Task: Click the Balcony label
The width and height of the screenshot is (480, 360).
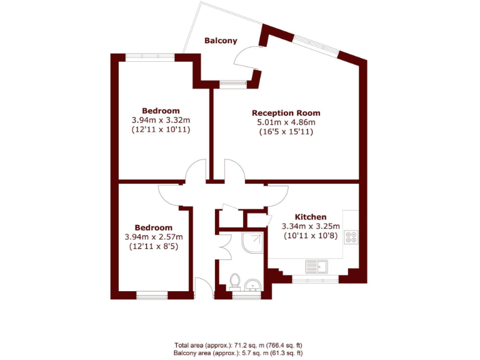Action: point(221,41)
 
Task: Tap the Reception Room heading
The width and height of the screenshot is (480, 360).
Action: point(286,113)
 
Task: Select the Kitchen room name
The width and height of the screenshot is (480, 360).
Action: point(311,217)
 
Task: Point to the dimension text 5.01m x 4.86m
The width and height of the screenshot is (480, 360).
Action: point(286,122)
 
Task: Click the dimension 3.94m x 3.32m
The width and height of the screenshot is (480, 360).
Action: point(161,121)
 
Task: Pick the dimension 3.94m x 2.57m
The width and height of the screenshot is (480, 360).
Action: point(154,237)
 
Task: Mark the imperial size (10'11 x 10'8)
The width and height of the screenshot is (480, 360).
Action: point(311,236)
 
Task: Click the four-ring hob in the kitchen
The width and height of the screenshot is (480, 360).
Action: point(351,237)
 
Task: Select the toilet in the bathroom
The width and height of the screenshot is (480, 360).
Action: point(235,282)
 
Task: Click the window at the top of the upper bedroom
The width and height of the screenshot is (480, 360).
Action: point(150,57)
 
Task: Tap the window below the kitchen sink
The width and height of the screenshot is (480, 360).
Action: point(316,281)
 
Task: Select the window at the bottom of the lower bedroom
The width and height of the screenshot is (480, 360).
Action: point(152,294)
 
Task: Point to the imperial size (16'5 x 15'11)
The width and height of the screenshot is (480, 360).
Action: point(286,132)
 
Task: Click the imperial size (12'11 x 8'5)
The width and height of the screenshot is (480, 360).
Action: point(154,246)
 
